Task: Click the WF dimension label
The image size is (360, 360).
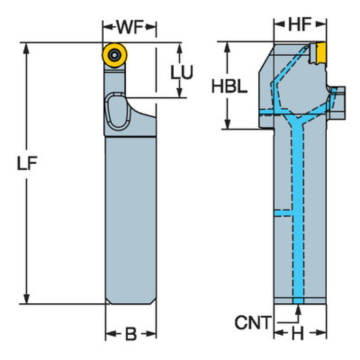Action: tap(130, 27)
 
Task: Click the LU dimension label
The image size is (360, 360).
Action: tap(181, 72)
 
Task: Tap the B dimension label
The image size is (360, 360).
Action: tap(130, 334)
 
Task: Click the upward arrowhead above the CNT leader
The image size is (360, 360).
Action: tap(298, 309)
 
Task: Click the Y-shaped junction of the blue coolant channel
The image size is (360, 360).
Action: tap(297, 121)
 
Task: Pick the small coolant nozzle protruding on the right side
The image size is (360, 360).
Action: tap(337, 94)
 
